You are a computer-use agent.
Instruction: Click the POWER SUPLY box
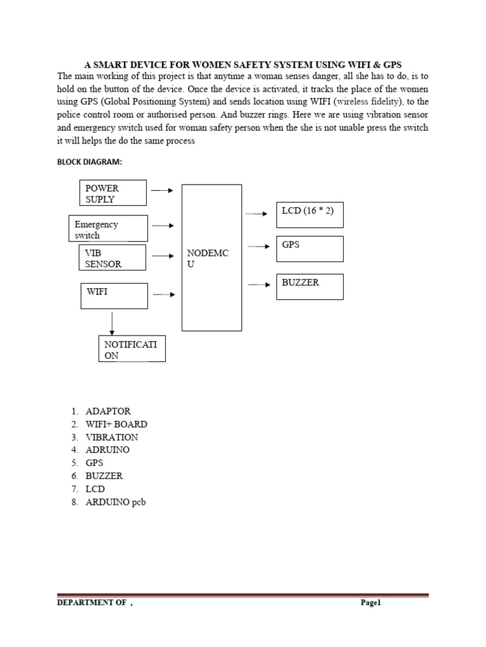113,193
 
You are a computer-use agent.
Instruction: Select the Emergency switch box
108,229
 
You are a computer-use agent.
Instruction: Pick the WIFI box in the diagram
114,296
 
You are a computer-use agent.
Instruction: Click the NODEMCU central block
211,258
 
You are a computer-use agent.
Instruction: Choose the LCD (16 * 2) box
309,215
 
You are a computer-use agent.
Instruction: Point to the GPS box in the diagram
309,249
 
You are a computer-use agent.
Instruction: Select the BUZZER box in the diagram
309,287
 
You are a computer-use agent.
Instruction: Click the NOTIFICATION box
132,349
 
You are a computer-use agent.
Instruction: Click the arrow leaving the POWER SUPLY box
163,189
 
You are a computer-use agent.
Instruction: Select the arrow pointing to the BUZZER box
259,285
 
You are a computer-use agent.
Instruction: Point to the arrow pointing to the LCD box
256,214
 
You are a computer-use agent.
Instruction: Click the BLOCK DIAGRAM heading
89,162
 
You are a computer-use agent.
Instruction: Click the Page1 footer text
370,603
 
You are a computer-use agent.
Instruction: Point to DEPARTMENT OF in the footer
92,603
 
